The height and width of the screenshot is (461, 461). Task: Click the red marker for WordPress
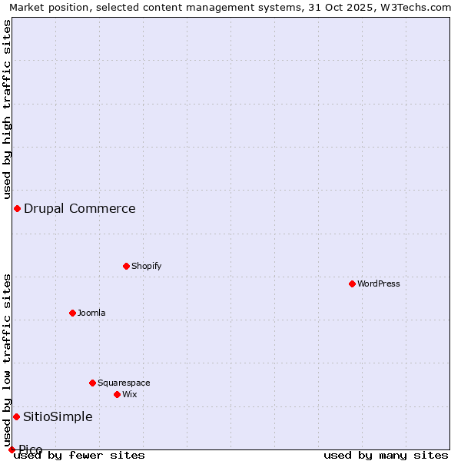click(352, 284)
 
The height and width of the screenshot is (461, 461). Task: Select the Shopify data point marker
click(126, 266)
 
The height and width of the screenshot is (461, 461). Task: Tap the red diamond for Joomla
click(72, 313)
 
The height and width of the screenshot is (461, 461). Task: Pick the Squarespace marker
click(92, 383)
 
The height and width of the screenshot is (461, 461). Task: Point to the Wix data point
click(117, 394)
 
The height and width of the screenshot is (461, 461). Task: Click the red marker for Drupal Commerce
click(17, 208)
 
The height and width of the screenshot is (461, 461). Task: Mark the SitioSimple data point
click(16, 416)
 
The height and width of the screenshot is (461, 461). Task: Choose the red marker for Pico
click(12, 449)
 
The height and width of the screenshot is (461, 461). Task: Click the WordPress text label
click(379, 284)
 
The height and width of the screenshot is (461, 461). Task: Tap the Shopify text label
click(146, 266)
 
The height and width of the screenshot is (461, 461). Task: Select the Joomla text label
click(91, 313)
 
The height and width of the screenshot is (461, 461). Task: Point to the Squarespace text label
click(124, 383)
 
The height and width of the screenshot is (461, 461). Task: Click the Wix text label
click(129, 394)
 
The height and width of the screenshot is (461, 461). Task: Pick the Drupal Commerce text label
click(80, 208)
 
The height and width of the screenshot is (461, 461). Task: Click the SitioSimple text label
click(58, 416)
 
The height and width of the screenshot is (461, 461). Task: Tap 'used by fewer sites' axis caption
click(79, 455)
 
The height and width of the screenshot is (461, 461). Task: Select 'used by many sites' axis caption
click(386, 455)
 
